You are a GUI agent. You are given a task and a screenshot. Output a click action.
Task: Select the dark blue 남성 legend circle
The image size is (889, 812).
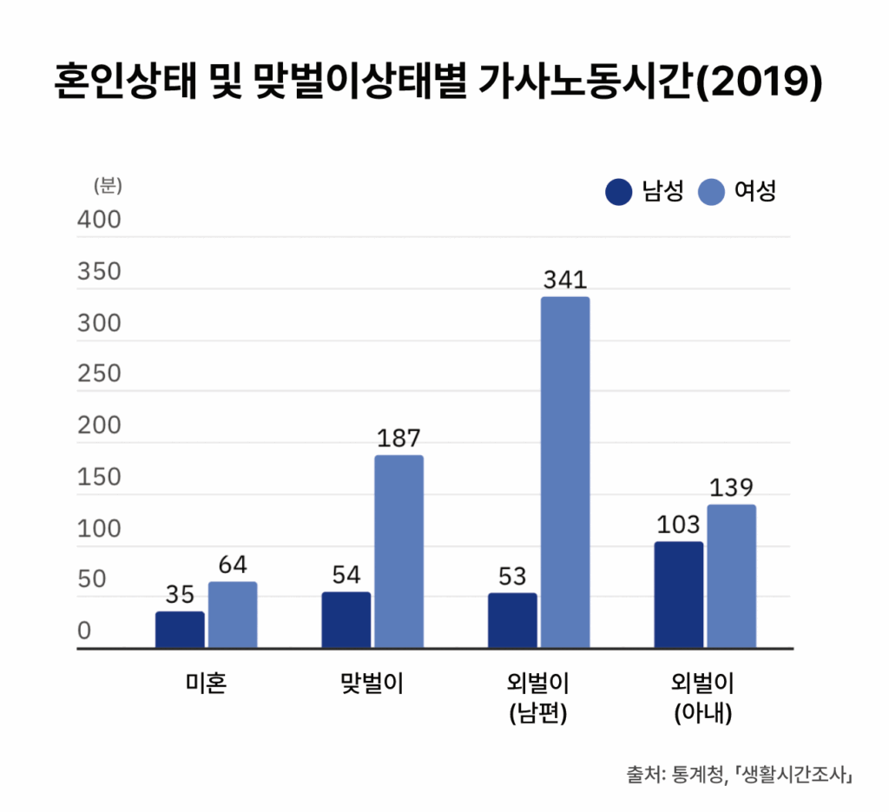point(618,191)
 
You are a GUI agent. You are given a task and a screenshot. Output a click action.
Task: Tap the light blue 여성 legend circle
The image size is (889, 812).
point(711,191)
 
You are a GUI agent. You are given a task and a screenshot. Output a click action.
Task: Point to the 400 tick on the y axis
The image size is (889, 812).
point(100,221)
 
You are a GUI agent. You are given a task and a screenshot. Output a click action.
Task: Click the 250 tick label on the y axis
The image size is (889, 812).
point(100,374)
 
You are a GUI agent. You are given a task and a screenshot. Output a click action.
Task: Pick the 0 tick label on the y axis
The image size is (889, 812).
point(85,631)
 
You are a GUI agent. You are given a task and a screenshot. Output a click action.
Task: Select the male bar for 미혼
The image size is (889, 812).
point(180,630)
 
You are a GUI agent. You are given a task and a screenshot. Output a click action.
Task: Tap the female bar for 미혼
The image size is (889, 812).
point(233,615)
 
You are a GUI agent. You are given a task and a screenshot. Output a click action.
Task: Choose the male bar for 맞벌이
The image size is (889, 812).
point(346,620)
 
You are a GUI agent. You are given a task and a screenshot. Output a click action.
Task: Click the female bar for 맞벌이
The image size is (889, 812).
point(399,551)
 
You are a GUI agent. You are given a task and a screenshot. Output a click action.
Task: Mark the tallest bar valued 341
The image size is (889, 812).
point(565,472)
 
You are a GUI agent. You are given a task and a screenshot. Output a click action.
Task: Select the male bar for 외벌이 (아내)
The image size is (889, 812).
point(679,595)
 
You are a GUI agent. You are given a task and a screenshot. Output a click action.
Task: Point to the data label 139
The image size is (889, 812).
point(731,488)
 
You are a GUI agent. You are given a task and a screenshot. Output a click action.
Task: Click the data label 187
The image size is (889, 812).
point(399,439)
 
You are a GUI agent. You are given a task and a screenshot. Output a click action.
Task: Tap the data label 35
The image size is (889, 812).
point(180,595)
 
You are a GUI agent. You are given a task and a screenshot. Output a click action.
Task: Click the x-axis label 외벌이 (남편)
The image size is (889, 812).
point(538,698)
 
